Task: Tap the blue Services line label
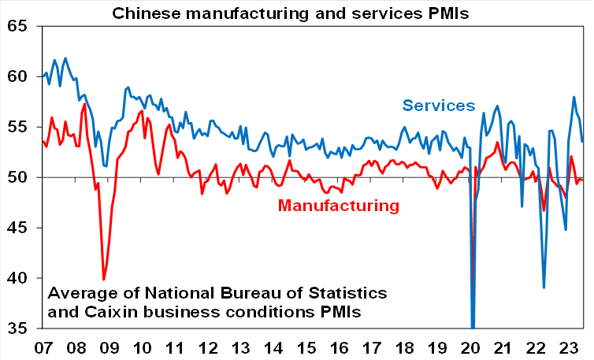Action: point(438,106)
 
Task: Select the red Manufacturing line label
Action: point(338,206)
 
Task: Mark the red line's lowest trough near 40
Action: point(104,279)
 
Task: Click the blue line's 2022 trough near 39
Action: point(544,288)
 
